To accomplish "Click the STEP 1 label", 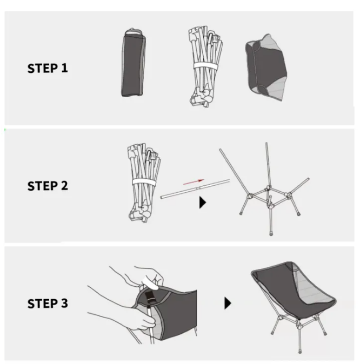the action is click(48, 68).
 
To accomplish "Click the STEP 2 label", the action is click(48, 186).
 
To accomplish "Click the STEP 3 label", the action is click(48, 304).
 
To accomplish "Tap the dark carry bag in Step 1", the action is click(133, 63).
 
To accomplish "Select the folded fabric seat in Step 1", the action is click(266, 68).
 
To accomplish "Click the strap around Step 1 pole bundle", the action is click(205, 66).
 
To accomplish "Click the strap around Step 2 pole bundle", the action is click(144, 183).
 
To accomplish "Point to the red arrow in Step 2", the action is click(194, 182).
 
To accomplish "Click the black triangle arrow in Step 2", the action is click(202, 203).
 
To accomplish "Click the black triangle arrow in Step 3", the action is click(228, 303).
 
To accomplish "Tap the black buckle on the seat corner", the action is click(149, 298).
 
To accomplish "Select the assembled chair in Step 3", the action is click(294, 306).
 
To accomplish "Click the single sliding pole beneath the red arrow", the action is click(195, 188).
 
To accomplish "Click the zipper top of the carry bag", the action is click(134, 32).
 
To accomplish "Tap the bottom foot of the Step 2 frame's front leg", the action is click(271, 233).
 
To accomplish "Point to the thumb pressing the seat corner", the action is click(150, 283).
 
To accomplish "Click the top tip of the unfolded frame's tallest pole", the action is click(266, 143).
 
